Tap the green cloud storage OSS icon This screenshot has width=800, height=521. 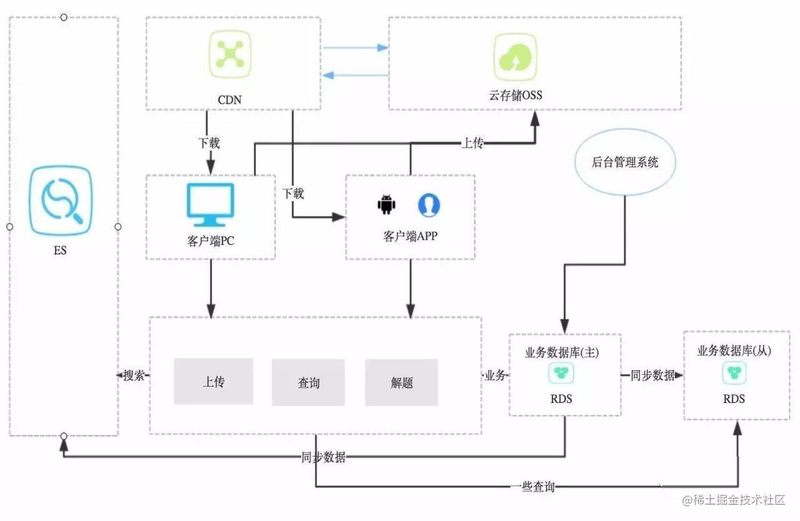pyautogui.click(x=515, y=57)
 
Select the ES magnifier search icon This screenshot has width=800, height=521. pyautogui.click(x=61, y=201)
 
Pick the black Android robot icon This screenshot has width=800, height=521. pyautogui.click(x=386, y=205)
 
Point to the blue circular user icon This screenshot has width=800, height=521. pyautogui.click(x=428, y=205)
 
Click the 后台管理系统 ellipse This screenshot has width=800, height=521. pyautogui.click(x=625, y=162)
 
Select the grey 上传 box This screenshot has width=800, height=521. pyautogui.click(x=214, y=382)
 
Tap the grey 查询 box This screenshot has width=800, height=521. pyautogui.click(x=308, y=383)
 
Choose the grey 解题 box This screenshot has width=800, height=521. pyautogui.click(x=401, y=383)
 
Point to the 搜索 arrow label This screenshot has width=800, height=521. pyautogui.click(x=134, y=376)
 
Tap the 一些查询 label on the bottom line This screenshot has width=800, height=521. pyautogui.click(x=532, y=487)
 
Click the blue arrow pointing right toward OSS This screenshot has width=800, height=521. pyautogui.click(x=355, y=48)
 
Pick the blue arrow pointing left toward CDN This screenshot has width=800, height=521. pyautogui.click(x=355, y=75)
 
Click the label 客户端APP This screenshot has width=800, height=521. pyautogui.click(x=410, y=236)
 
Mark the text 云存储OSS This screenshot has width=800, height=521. pyautogui.click(x=515, y=95)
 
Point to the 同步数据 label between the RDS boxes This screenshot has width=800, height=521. pyautogui.click(x=652, y=376)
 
